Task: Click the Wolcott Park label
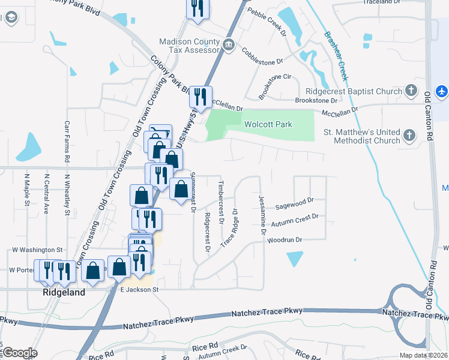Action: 268,124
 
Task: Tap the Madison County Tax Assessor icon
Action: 228,46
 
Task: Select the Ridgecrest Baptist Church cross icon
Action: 411,91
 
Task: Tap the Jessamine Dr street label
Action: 262,214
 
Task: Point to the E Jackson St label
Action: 139,289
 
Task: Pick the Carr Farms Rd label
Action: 67,142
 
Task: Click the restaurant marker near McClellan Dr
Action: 200,97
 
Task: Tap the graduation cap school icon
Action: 10,18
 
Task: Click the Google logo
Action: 20,353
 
